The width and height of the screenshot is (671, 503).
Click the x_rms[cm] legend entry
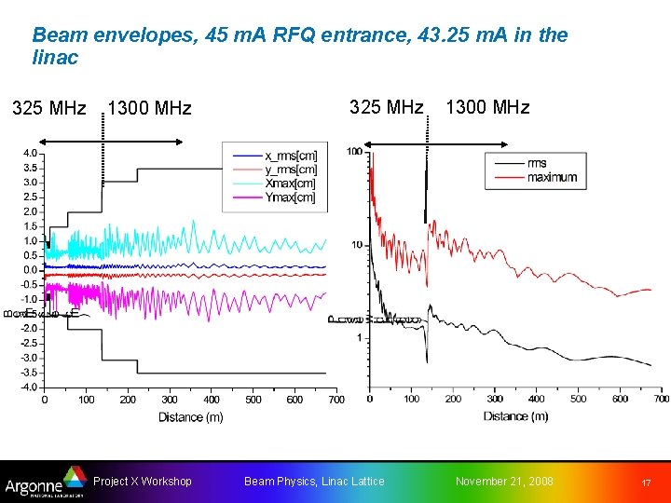289,156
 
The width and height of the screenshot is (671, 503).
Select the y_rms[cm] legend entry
289,169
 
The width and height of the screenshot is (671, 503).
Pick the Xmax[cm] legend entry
289,183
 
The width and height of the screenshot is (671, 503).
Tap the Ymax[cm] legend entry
289,197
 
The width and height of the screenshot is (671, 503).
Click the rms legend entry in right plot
537,163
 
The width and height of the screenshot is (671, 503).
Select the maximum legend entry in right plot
550,177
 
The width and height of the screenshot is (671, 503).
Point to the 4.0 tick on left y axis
30,153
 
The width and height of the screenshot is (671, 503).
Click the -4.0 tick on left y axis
28,387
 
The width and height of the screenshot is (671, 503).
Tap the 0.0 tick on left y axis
30,270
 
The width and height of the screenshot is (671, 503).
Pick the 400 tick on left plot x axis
212,400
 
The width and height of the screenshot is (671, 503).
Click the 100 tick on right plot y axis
354,152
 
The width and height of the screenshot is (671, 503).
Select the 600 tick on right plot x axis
619,399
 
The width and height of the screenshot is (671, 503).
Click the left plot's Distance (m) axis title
190,416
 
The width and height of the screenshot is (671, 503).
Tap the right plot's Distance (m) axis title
515,415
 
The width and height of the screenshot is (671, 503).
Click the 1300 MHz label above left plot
149,109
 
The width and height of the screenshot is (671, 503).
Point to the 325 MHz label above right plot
386,107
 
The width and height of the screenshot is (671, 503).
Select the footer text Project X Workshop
143,481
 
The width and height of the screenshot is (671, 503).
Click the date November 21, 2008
503,481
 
